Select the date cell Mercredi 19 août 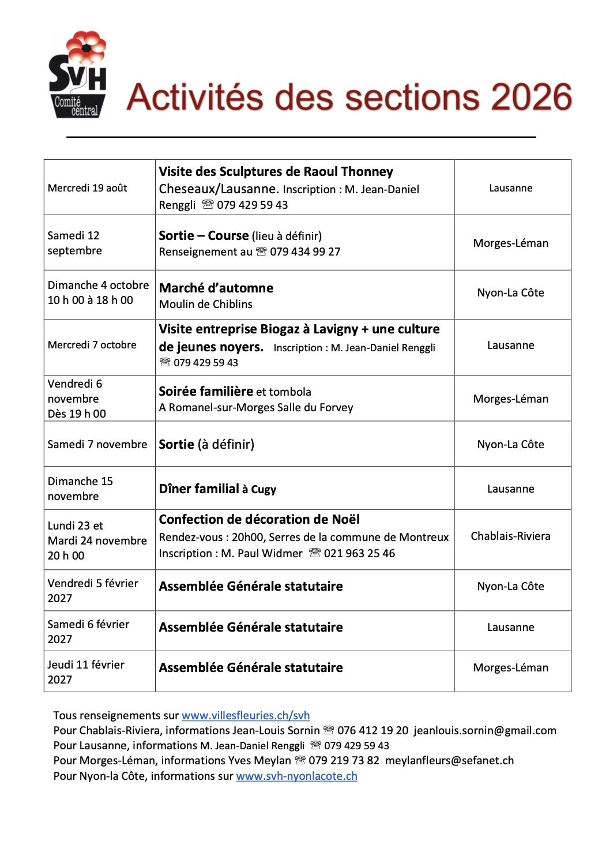[88, 188]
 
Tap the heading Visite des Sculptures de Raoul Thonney [276, 172]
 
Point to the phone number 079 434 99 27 [305, 252]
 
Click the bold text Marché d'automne [216, 288]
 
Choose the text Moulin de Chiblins [205, 304]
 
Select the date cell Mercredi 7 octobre [92, 345]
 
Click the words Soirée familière [206, 392]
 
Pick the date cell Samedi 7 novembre [97, 444]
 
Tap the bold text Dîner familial [199, 489]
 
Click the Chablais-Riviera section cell [510, 536]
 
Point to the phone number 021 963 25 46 [359, 554]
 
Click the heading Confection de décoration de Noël [259, 520]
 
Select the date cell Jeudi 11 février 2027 [86, 672]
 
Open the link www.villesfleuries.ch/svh [246, 716]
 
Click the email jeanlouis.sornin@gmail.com [484, 731]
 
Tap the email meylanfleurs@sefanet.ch [449, 761]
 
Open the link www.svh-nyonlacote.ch [296, 776]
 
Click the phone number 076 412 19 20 [373, 731]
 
